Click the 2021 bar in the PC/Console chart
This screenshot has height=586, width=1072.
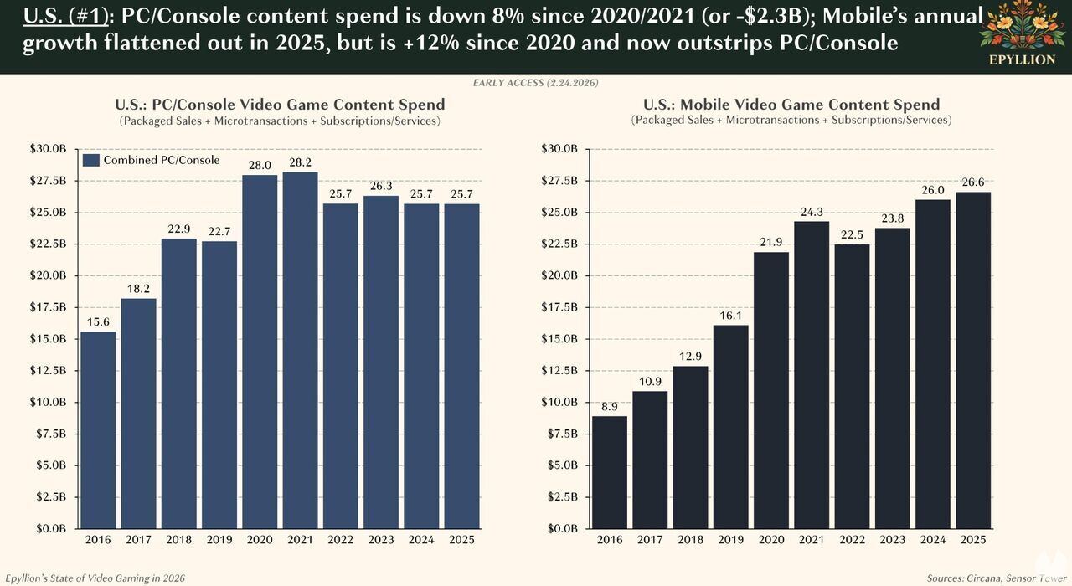tap(300, 352)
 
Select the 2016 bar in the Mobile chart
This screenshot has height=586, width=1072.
tap(609, 473)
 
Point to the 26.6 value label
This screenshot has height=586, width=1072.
tap(973, 182)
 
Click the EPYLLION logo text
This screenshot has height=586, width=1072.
tap(1021, 59)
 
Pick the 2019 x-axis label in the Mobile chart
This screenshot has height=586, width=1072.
tap(730, 540)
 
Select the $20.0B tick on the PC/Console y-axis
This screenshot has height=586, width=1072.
tap(52, 275)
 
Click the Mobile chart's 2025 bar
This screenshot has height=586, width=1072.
tap(973, 360)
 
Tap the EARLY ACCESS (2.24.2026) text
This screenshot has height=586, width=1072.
tap(536, 83)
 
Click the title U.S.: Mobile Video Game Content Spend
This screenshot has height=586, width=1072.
tap(791, 105)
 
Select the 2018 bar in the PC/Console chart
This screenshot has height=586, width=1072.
tap(178, 385)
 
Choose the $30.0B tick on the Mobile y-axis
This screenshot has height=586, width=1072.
tap(562, 149)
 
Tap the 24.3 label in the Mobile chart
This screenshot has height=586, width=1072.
tap(812, 212)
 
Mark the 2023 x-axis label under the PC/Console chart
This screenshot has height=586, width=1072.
tap(381, 540)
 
